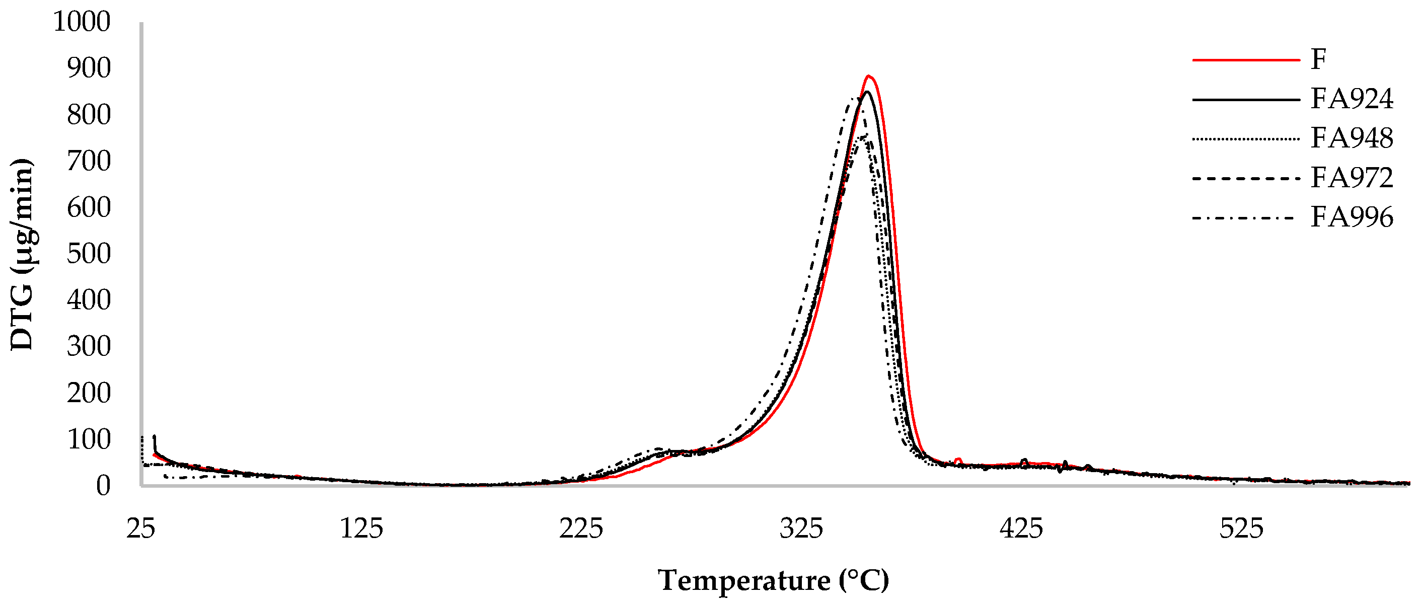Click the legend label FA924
tap(1352, 99)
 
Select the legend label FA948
tap(1352, 138)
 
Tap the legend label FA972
tap(1352, 178)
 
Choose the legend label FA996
tap(1352, 217)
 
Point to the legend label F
tap(1318, 59)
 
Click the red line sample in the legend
tap(1245, 60)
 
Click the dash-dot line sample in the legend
tap(1245, 218)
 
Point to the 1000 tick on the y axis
tap(82, 22)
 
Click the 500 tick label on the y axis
tap(89, 254)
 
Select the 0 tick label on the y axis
tap(103, 486)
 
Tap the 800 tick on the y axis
tap(89, 115)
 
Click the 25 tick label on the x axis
tap(141, 529)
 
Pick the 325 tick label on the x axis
tap(801, 529)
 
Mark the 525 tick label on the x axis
tap(1242, 529)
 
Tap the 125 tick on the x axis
tap(361, 529)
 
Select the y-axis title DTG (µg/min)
tap(22, 254)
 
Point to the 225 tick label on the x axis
tap(581, 529)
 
